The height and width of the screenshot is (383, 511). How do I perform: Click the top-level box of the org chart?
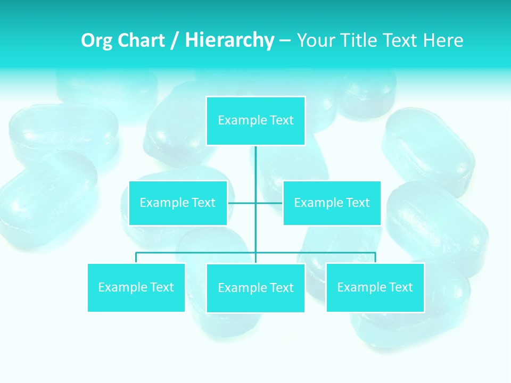point(256,121)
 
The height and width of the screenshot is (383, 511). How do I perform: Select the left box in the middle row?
point(178,203)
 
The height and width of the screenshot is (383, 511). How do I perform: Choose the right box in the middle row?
point(332,203)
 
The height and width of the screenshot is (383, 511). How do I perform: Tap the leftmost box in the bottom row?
point(136,287)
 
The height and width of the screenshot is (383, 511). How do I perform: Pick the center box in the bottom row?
point(256,288)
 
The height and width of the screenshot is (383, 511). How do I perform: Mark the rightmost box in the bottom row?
point(375,287)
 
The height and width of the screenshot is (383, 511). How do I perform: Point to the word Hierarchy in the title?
point(229,40)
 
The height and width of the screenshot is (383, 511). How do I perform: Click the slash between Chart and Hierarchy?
point(175,41)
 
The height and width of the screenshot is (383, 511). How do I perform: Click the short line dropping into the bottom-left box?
point(136,257)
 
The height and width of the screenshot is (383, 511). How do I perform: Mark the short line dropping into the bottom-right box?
point(375,257)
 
